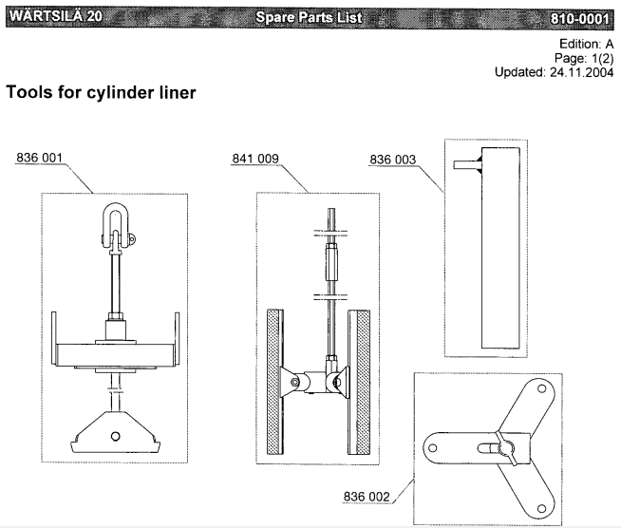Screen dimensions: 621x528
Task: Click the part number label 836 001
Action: (x=39, y=158)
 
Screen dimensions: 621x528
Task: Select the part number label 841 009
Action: (x=255, y=159)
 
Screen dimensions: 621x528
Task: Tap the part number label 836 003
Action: (x=393, y=160)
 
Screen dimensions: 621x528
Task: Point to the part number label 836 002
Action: (x=367, y=497)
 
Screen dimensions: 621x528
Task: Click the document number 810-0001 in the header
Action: (x=579, y=18)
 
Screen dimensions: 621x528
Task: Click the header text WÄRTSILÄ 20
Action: (x=56, y=16)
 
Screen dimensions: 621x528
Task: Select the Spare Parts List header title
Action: (x=309, y=17)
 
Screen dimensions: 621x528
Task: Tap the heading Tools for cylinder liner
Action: (x=101, y=92)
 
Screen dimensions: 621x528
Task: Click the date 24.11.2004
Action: (x=581, y=72)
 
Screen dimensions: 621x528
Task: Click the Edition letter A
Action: (x=609, y=44)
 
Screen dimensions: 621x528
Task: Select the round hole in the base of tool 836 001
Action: (x=115, y=436)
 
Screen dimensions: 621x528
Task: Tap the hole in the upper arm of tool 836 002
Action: (x=541, y=389)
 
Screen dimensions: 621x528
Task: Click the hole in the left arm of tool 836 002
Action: (x=433, y=448)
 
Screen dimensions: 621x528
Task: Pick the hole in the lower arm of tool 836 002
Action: (x=541, y=508)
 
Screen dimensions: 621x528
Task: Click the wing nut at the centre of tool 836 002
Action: (x=506, y=449)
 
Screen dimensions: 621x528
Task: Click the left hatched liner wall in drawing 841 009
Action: (x=274, y=382)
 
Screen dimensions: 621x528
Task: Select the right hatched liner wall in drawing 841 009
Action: (x=359, y=382)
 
